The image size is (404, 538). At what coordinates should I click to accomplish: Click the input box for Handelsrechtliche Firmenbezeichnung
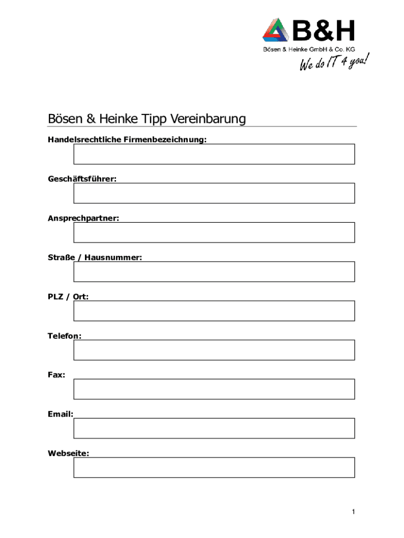coord(214,154)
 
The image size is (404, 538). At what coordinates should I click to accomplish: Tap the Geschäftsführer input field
coord(214,193)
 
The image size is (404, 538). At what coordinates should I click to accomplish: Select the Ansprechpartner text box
coord(214,232)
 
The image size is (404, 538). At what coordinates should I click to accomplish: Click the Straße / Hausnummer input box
coord(214,271)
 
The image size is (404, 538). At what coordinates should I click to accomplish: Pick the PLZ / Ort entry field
coord(214,311)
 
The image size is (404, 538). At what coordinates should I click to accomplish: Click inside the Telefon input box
coord(214,350)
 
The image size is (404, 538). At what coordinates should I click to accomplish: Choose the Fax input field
coord(214,389)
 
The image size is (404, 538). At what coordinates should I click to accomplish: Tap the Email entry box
coord(214,428)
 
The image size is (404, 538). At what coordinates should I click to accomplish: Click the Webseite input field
coord(214,467)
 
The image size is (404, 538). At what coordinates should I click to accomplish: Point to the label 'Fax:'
coord(57,375)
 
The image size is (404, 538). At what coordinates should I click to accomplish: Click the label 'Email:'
coord(60,414)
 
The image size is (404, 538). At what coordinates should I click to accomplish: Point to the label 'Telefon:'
coord(65,336)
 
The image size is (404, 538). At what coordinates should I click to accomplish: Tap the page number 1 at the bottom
coord(354,512)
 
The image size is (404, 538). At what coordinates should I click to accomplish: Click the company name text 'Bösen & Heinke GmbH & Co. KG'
coord(309,49)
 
